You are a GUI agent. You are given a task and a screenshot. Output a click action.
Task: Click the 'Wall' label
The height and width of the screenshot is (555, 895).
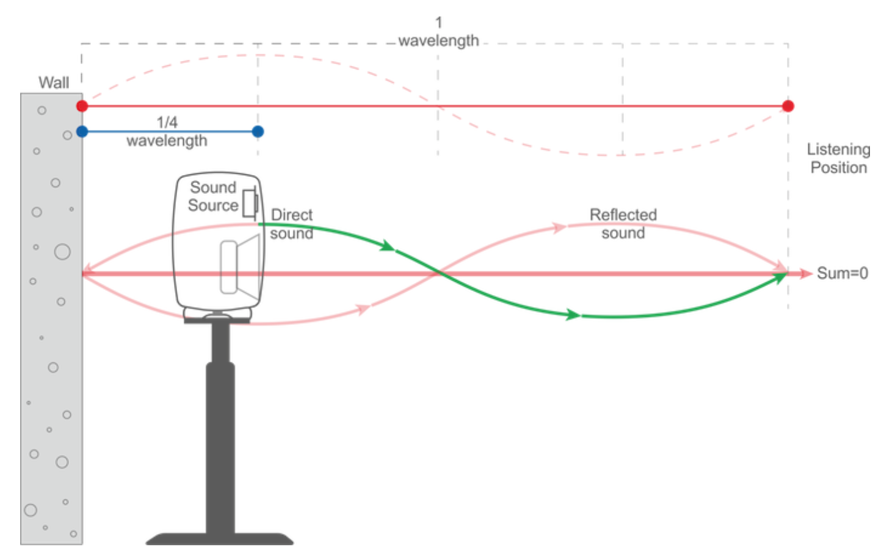(54, 82)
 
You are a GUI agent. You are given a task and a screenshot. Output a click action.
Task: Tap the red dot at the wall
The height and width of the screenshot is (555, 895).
(82, 106)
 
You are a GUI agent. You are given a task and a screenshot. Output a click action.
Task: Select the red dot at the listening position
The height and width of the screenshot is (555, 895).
(788, 106)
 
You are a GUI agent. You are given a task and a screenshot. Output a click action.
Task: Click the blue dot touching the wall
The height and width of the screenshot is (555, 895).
(82, 131)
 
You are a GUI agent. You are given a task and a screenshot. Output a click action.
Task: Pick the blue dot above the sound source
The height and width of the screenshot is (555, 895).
(258, 131)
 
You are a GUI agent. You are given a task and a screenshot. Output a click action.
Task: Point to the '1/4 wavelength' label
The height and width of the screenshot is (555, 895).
(167, 132)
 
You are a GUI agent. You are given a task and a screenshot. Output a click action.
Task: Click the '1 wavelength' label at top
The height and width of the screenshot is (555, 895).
(438, 32)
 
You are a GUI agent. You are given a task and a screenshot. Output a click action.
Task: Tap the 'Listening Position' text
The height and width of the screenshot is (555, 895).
(838, 159)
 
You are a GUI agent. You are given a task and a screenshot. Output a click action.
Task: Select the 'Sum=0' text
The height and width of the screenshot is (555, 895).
(842, 273)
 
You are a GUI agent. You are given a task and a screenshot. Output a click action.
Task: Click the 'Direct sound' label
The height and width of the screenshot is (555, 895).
(292, 224)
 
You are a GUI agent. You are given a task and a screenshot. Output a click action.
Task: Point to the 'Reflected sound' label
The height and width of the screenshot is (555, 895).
(623, 224)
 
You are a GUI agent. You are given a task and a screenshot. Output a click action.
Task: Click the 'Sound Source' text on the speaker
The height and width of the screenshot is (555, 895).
(213, 196)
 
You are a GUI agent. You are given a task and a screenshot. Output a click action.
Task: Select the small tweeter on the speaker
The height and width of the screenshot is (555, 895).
(250, 204)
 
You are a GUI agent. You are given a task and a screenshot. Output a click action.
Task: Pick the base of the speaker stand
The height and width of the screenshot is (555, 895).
(220, 539)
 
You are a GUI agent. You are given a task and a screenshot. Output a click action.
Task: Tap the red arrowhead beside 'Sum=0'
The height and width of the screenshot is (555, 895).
(805, 273)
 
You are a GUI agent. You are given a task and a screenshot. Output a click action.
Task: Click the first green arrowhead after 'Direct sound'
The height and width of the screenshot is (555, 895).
(387, 246)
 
